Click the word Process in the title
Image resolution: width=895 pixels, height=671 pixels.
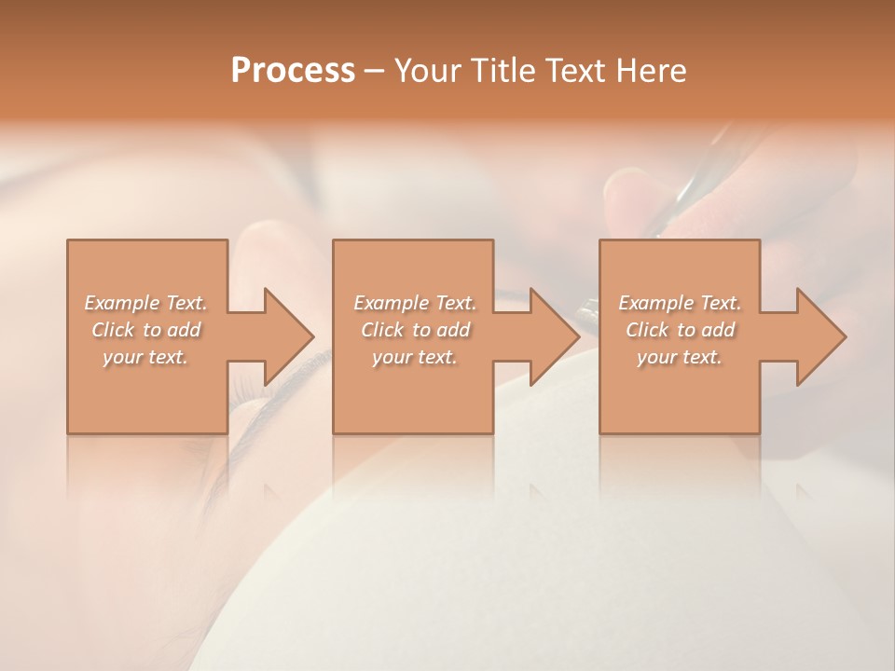pyautogui.click(x=293, y=70)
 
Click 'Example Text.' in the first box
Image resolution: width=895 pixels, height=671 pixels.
pyautogui.click(x=146, y=303)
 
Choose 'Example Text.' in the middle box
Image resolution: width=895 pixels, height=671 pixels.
pyautogui.click(x=415, y=303)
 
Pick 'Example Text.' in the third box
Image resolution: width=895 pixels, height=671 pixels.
pyautogui.click(x=680, y=303)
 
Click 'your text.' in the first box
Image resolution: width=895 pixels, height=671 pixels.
pyautogui.click(x=146, y=357)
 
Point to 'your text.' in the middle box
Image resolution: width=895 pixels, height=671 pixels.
pyautogui.click(x=415, y=357)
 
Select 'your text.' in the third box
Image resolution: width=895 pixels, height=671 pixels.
pyautogui.click(x=680, y=357)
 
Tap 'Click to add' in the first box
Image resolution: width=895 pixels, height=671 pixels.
pyautogui.click(x=146, y=330)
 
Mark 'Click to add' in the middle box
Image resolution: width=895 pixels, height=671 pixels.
pyautogui.click(x=415, y=330)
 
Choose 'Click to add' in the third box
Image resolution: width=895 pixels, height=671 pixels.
pyautogui.click(x=680, y=330)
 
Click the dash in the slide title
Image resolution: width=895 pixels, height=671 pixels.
pyautogui.click(x=375, y=71)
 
